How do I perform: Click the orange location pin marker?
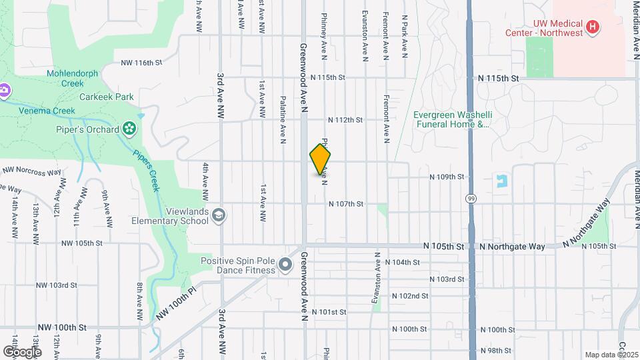pyautogui.click(x=320, y=160)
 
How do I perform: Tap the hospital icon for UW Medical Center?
pyautogui.click(x=592, y=27)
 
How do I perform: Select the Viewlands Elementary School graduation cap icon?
pyautogui.click(x=219, y=215)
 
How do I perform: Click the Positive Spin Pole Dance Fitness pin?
pyautogui.click(x=285, y=265)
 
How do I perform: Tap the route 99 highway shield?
pyautogui.click(x=471, y=199)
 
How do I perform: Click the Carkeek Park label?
pyautogui.click(x=107, y=97)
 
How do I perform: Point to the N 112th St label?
pyautogui.click(x=345, y=120)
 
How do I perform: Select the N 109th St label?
pyautogui.click(x=446, y=177)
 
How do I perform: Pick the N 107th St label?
pyautogui.click(x=345, y=204)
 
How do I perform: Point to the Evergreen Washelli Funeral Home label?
pyautogui.click(x=451, y=119)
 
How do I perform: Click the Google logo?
pyautogui.click(x=22, y=351)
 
